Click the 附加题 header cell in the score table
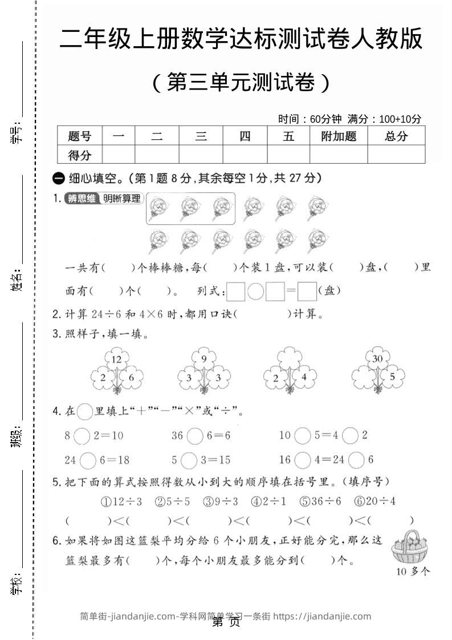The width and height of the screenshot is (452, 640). coord(339,136)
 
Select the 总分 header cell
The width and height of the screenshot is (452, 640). coord(396,136)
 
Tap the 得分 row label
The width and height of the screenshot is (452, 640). coord(79,155)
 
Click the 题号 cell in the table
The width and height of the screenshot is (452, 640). coord(79,136)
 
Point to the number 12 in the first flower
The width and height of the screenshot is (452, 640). coord(117,359)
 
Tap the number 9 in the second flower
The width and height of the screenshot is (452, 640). coord(203,359)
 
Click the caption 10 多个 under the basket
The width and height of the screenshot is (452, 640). coord(412,571)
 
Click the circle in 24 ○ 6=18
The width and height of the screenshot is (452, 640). coord(88,460)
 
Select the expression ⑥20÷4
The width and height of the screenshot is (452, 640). coord(375,502)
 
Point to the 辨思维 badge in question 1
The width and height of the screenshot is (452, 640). coord(80,199)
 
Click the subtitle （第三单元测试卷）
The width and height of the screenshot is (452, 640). coord(241,83)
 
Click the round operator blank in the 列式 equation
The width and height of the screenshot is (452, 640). coord(256,291)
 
